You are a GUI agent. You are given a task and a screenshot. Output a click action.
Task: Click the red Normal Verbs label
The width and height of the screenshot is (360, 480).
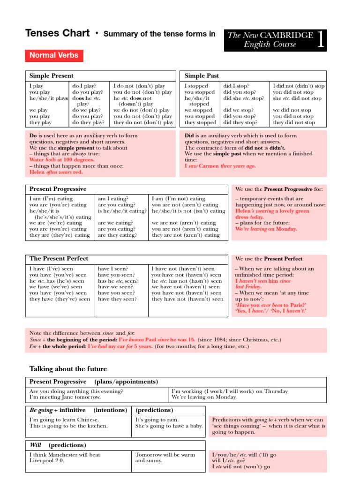tap(54, 56)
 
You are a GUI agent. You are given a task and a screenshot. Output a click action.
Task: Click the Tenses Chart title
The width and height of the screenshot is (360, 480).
tap(57, 33)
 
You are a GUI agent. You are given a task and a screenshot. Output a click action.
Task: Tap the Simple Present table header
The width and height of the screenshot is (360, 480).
tap(51, 75)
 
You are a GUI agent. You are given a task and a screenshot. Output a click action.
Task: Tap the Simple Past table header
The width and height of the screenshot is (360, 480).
tap(202, 75)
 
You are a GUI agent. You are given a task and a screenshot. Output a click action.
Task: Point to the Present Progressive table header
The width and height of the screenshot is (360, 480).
tap(58, 189)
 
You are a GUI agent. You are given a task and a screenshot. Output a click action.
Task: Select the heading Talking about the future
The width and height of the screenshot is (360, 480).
tap(68, 369)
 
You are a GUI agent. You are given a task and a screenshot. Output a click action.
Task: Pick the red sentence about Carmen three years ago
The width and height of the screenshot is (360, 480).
tap(220, 166)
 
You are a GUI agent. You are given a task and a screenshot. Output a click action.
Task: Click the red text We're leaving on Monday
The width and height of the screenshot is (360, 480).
tap(266, 229)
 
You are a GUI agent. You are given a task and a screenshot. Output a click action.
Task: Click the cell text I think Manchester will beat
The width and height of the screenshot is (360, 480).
tap(65, 455)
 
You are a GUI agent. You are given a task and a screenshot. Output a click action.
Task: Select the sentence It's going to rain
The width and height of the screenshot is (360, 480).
tap(157, 420)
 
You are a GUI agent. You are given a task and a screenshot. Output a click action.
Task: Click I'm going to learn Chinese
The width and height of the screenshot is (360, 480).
tap(64, 420)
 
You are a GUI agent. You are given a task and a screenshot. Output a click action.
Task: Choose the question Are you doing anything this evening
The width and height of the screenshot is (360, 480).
tap(75, 391)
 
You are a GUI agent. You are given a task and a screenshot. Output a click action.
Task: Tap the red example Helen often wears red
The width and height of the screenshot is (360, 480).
tap(56, 172)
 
